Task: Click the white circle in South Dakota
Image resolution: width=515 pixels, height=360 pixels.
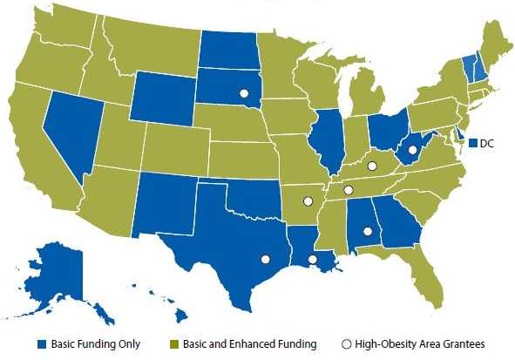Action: click(244, 93)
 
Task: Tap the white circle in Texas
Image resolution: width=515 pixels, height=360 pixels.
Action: click(265, 258)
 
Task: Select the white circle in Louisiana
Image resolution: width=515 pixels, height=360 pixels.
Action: click(313, 259)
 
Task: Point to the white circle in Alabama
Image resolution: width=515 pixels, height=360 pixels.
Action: click(367, 231)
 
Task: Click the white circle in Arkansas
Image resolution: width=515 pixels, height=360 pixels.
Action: click(307, 201)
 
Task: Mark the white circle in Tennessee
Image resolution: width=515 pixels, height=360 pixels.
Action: click(348, 190)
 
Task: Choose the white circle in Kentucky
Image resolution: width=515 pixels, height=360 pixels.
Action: click(370, 165)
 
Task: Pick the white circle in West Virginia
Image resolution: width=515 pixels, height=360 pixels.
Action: click(412, 150)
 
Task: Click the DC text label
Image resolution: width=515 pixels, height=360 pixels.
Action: click(487, 142)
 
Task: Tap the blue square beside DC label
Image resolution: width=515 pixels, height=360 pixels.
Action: click(473, 142)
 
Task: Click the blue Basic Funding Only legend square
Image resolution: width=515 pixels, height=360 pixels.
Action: click(42, 343)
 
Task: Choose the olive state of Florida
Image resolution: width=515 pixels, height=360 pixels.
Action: click(424, 262)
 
